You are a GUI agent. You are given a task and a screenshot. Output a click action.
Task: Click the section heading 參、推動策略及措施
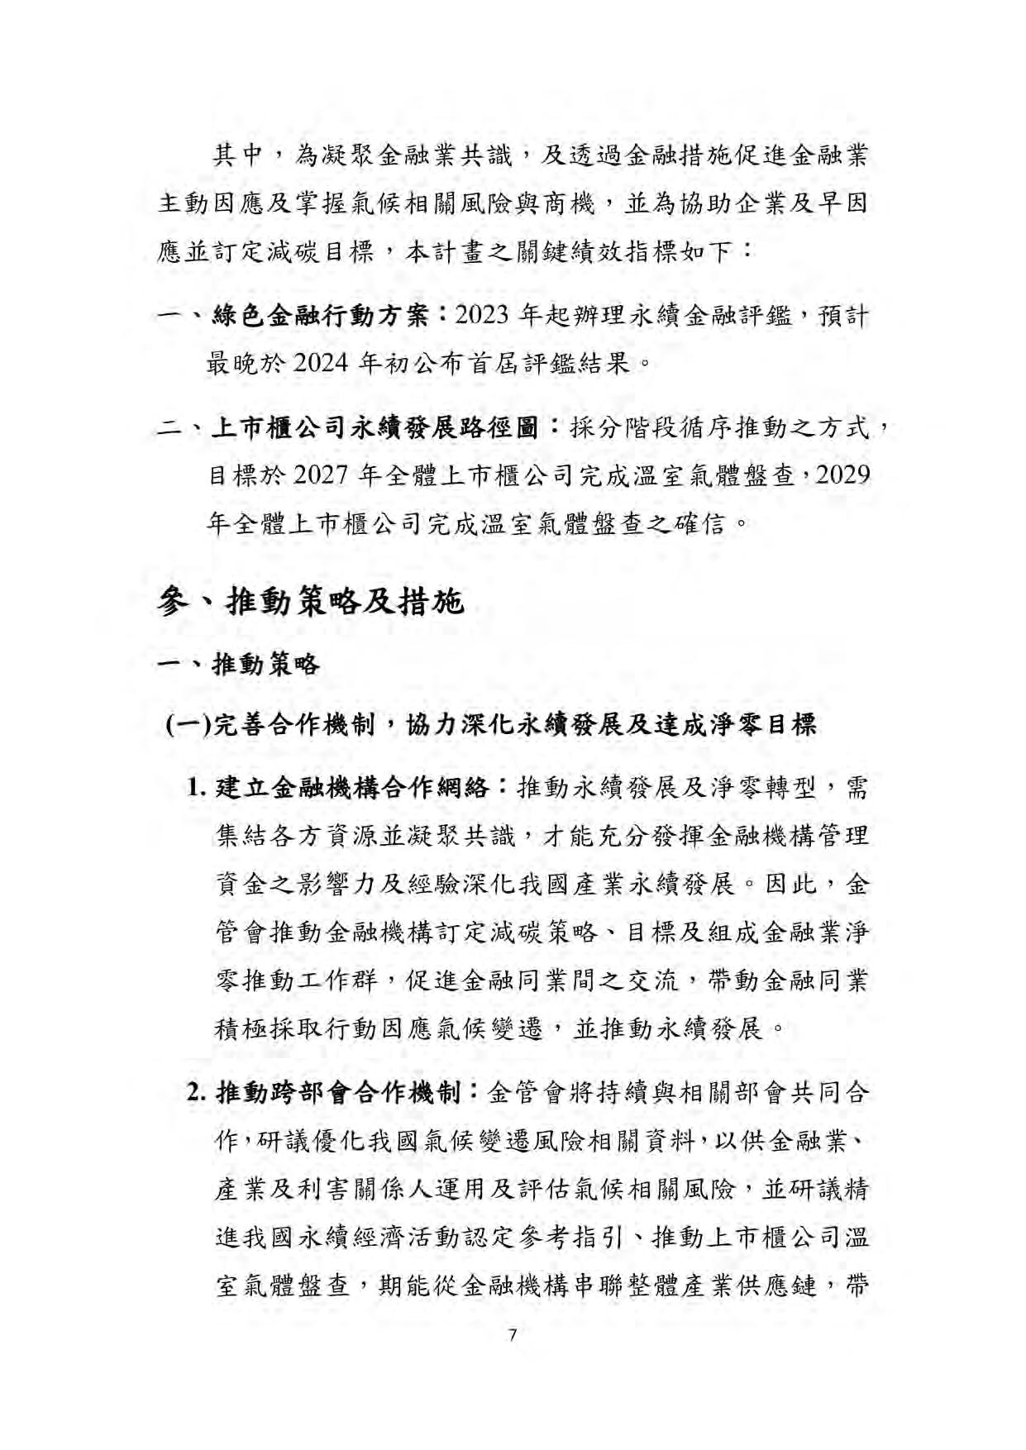tap(310, 601)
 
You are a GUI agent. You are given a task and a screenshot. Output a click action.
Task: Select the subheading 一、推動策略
tap(238, 664)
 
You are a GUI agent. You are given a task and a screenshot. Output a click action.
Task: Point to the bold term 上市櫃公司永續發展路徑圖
tap(375, 428)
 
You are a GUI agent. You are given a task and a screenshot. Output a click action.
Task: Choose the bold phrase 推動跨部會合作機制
tap(338, 1093)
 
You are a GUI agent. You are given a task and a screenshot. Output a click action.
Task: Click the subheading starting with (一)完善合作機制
tap(491, 725)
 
